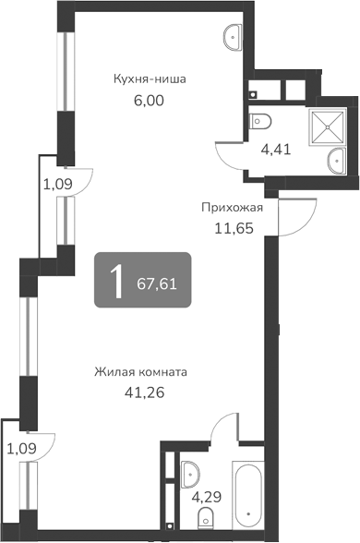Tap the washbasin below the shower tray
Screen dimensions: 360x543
point(337,163)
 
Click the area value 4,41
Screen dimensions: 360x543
point(276,147)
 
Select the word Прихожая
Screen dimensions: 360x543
point(233,207)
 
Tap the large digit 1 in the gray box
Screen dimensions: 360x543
point(116,279)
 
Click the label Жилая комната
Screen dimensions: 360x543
point(141,372)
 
